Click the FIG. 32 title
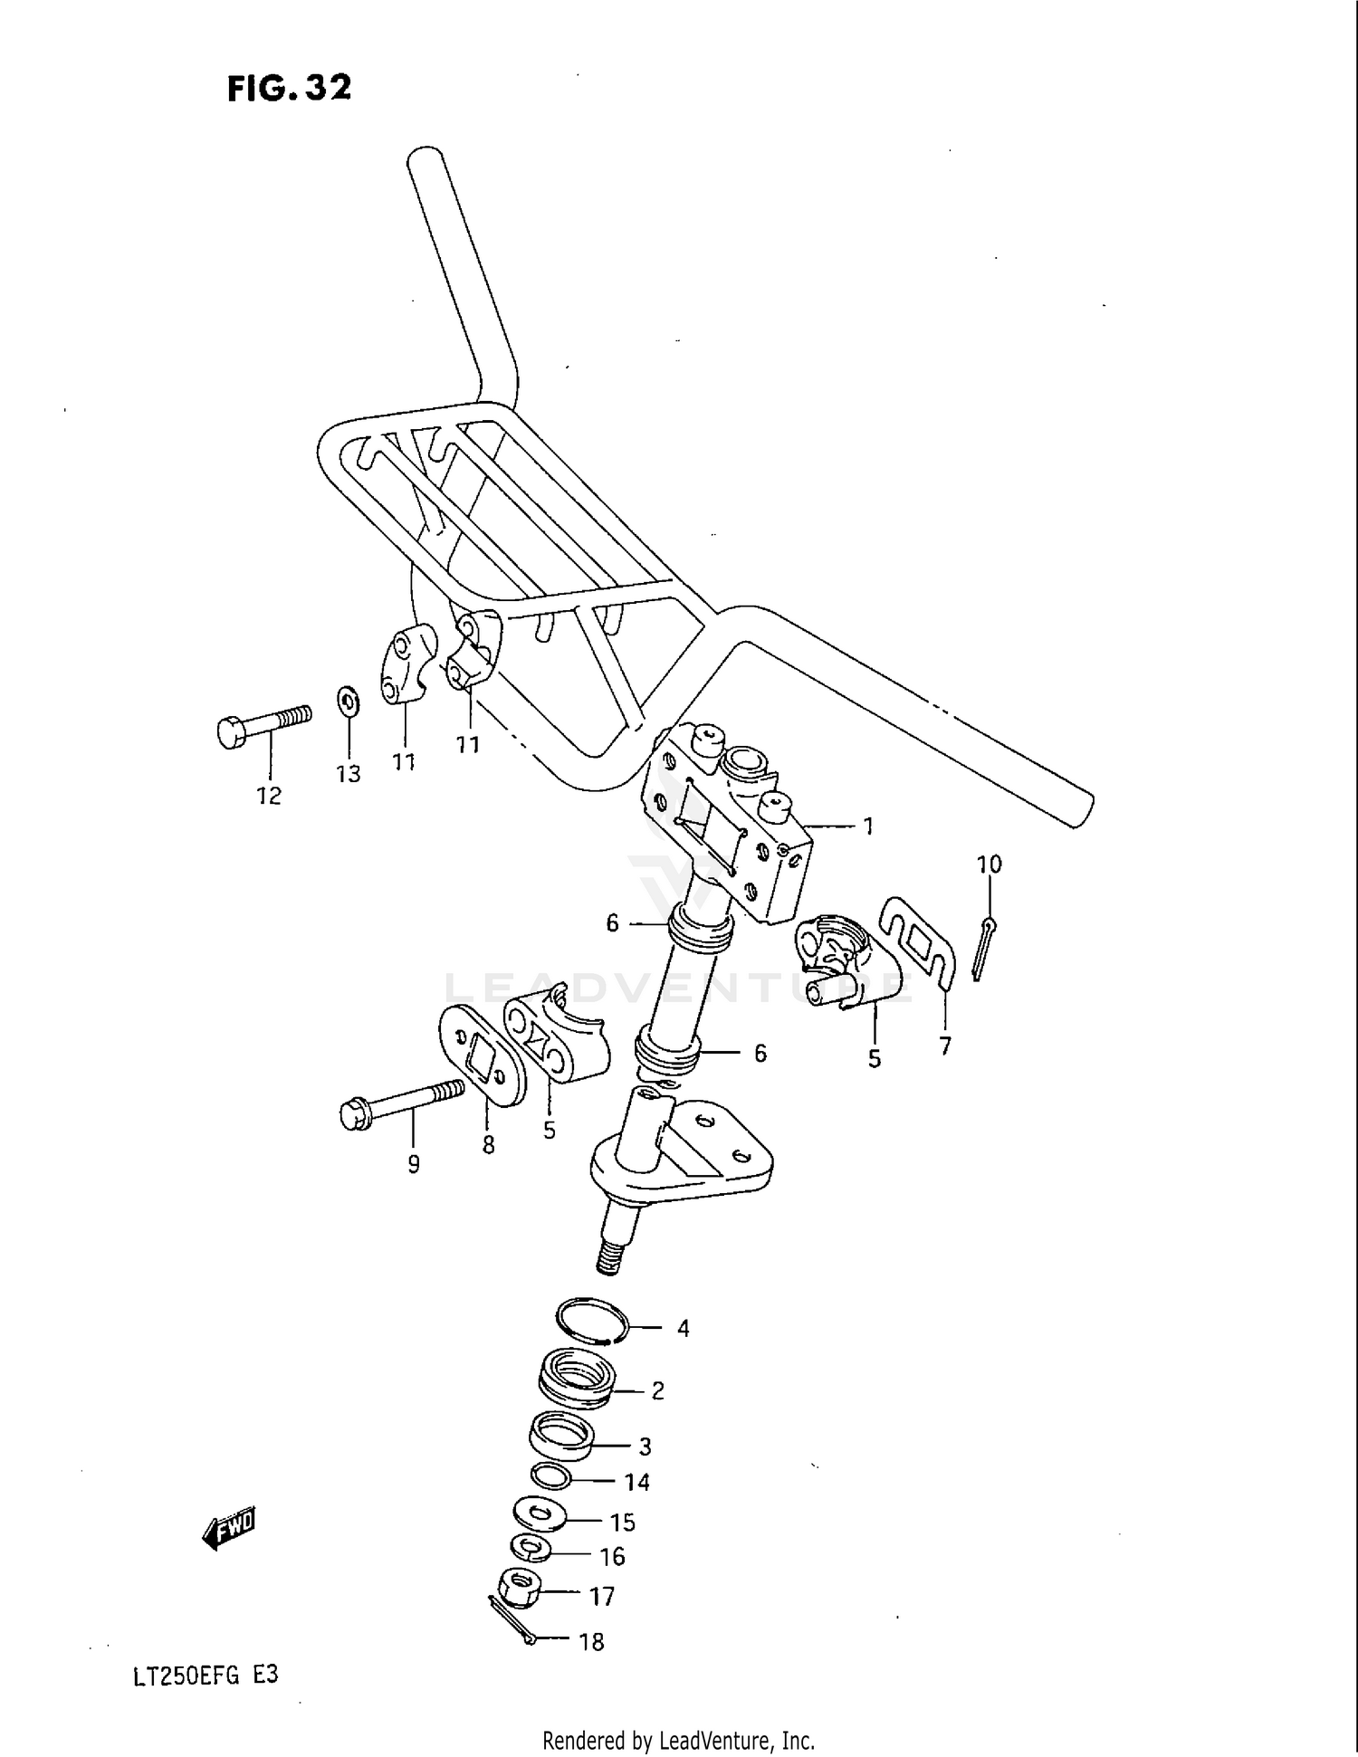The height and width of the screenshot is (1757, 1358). tap(289, 88)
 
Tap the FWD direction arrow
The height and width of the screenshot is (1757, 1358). tap(229, 1529)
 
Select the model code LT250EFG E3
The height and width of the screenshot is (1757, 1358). tap(206, 1676)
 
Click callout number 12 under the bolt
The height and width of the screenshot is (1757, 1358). tap(269, 795)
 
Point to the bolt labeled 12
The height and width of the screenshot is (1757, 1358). tap(263, 723)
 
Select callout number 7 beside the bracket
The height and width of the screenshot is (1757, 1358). tap(945, 1046)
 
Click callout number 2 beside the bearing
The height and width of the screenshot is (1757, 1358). tap(658, 1390)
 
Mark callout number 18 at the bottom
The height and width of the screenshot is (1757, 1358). tap(591, 1641)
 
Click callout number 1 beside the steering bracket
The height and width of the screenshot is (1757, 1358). tap(867, 826)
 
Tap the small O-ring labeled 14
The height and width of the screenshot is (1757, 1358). tap(550, 1475)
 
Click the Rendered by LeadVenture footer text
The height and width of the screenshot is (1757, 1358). tap(678, 1740)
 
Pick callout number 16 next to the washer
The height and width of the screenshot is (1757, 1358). tap(613, 1556)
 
